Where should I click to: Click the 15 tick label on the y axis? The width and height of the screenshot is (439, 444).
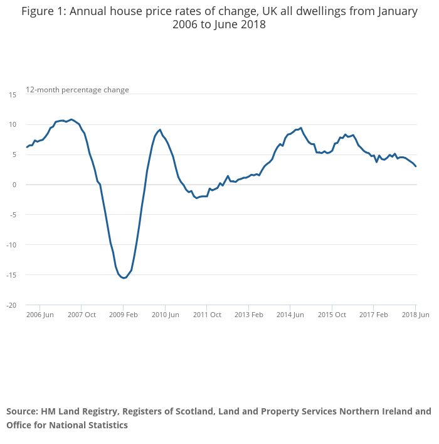pos(13,94)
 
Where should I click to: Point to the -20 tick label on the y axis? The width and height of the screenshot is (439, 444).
pos(11,305)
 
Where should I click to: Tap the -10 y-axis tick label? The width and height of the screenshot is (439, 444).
pos(11,245)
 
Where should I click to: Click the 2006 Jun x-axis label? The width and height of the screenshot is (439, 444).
pos(40,315)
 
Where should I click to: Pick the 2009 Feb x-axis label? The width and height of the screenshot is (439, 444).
pos(123,315)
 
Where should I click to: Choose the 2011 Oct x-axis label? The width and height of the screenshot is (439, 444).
pos(207,315)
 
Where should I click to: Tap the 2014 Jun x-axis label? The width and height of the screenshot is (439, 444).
pos(290,315)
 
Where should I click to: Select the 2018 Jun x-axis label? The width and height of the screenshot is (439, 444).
pos(415,315)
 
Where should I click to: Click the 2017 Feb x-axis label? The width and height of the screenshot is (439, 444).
pos(374,315)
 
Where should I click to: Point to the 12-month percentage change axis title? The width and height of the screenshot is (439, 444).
pos(77,90)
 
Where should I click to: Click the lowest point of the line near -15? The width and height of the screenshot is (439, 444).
pos(124,278)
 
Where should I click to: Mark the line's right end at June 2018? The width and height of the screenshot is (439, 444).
pos(416,166)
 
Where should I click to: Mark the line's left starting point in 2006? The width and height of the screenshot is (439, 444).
pos(26,148)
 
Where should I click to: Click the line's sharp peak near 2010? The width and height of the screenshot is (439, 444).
pos(160,130)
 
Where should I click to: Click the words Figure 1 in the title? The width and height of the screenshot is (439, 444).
pos(42,11)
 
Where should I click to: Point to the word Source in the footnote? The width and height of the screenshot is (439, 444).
pos(22,412)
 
